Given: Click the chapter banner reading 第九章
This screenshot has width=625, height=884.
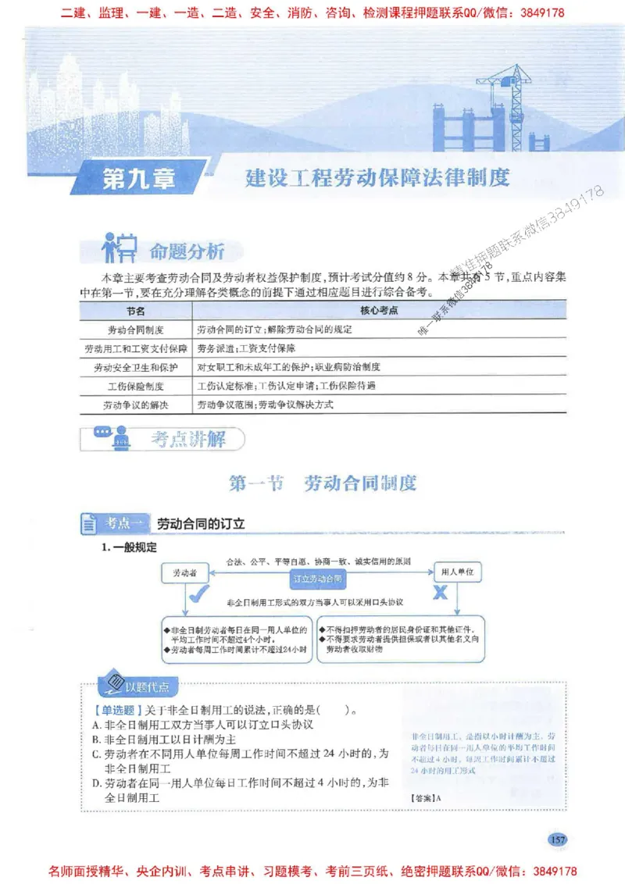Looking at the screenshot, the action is coord(139,180).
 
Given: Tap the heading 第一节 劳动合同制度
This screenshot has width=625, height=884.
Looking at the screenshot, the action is coord(323,483).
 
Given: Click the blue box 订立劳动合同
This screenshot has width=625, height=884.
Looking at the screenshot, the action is coord(317,579).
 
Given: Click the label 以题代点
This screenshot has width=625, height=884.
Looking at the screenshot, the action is coord(152,687).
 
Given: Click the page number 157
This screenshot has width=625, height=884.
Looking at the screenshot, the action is coord(557,839).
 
